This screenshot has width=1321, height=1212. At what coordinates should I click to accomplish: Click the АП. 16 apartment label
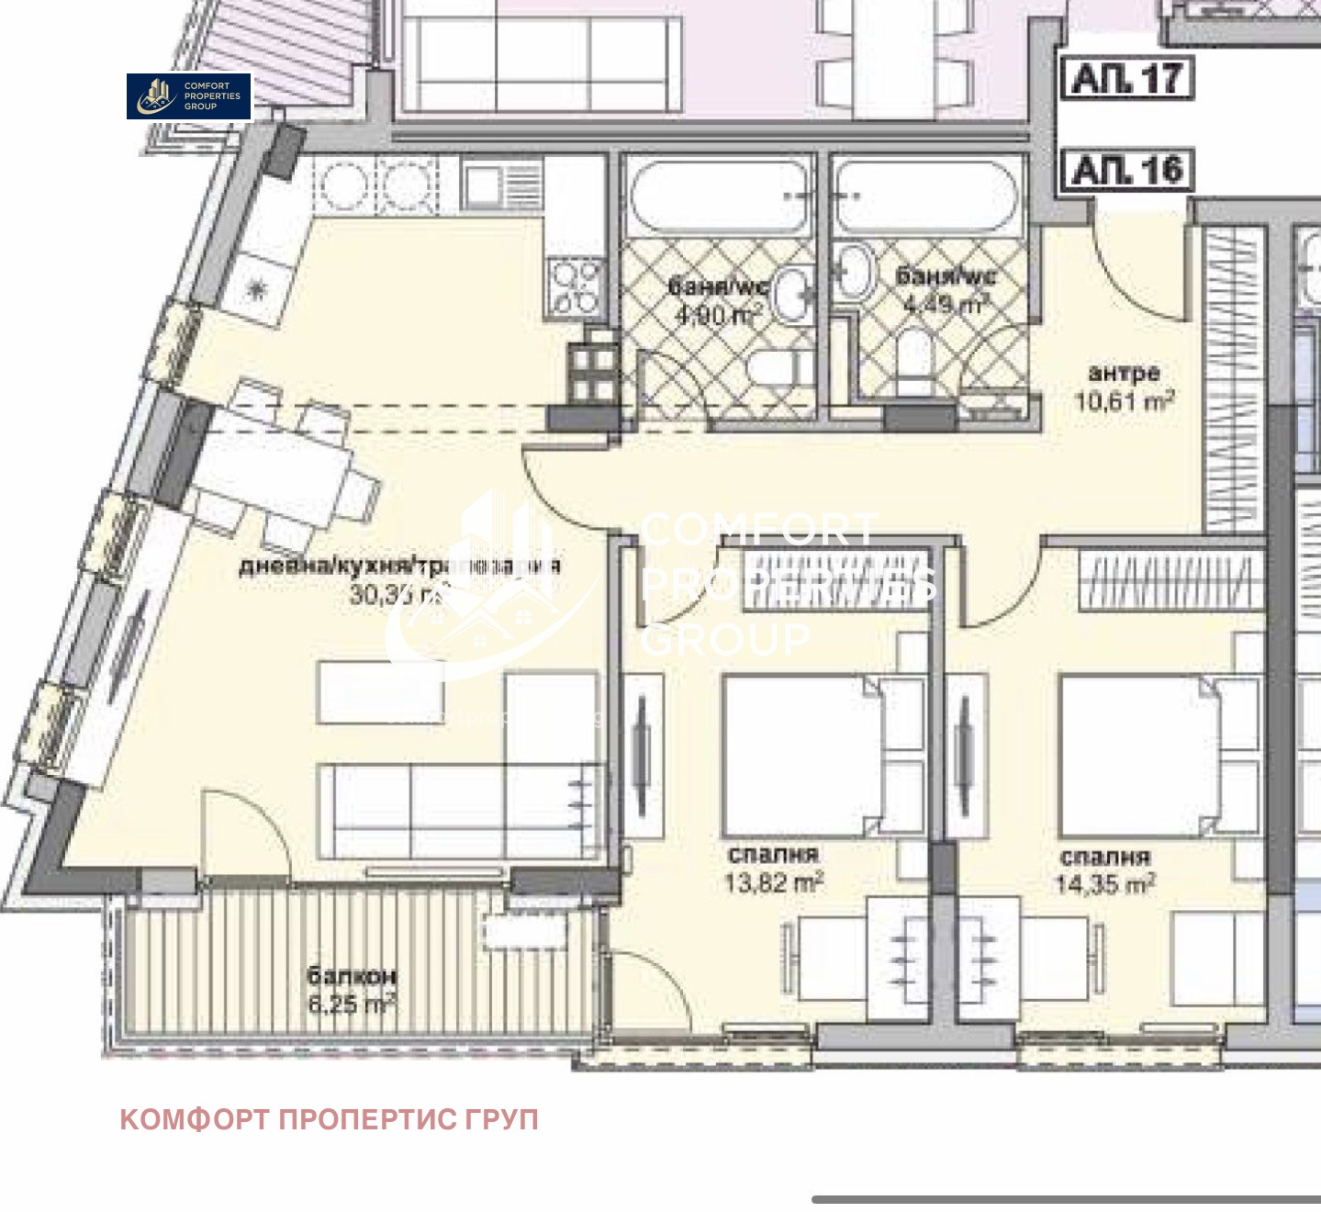pos(1127,171)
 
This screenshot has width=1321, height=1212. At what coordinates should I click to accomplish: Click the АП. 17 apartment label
pos(1127,79)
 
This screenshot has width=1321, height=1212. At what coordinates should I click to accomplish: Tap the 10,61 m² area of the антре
pos(1125,401)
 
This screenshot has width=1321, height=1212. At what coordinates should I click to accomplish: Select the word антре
pos(1124,373)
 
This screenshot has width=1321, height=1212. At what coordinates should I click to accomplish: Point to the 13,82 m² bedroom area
pos(773,883)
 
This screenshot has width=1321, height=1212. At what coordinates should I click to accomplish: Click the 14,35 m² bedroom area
pos(1105,884)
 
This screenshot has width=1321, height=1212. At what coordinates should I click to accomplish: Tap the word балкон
pos(352,975)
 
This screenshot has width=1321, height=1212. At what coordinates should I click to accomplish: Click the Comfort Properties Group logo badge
pos(188,96)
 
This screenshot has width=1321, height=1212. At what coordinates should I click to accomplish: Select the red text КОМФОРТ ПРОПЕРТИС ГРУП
pos(329,1119)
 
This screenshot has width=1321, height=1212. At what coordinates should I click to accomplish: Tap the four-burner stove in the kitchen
pos(575,286)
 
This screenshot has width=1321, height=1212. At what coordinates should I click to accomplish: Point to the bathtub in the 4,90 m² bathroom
pos(718,196)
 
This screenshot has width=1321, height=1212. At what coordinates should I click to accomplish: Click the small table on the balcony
pos(525,932)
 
